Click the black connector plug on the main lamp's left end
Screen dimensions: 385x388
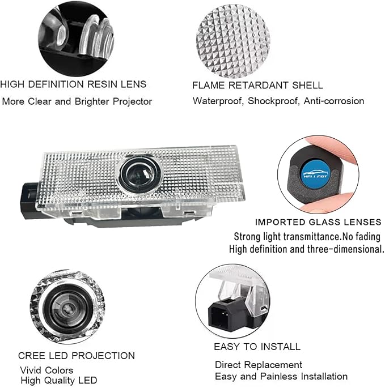pyautogui.click(x=29, y=201)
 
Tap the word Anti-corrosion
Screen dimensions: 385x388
pyautogui.click(x=334, y=101)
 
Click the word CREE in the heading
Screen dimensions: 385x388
pyautogui.click(x=32, y=356)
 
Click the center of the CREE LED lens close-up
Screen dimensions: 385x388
pyautogui.click(x=67, y=308)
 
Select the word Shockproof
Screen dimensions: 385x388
pyautogui.click(x=274, y=101)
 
